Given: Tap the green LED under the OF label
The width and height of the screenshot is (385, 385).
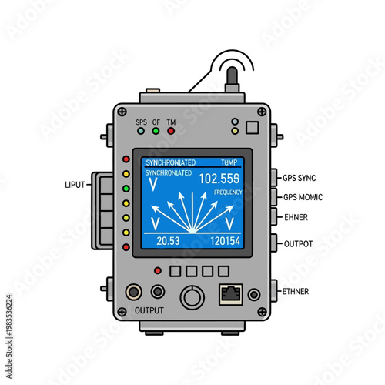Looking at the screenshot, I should click(156, 131).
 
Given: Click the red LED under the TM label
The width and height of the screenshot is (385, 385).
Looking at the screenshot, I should click(171, 131).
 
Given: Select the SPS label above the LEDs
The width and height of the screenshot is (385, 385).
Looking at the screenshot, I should click(141, 121).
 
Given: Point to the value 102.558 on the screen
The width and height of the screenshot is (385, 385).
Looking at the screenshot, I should click(219, 178).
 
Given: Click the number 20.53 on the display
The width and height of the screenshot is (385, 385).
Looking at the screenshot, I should click(168, 241).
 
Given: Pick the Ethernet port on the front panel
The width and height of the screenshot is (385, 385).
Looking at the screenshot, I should click(230, 293).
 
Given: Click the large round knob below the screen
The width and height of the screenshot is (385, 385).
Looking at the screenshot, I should click(191, 296).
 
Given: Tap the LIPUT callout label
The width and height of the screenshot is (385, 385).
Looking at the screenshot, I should click(78, 185).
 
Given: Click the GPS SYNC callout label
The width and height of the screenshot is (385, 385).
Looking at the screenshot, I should click(300, 178).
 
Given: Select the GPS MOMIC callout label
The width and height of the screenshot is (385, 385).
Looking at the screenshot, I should click(303, 197).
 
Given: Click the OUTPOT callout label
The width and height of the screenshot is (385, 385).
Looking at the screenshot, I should click(299, 243).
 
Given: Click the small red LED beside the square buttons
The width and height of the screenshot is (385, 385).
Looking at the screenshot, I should click(158, 271).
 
